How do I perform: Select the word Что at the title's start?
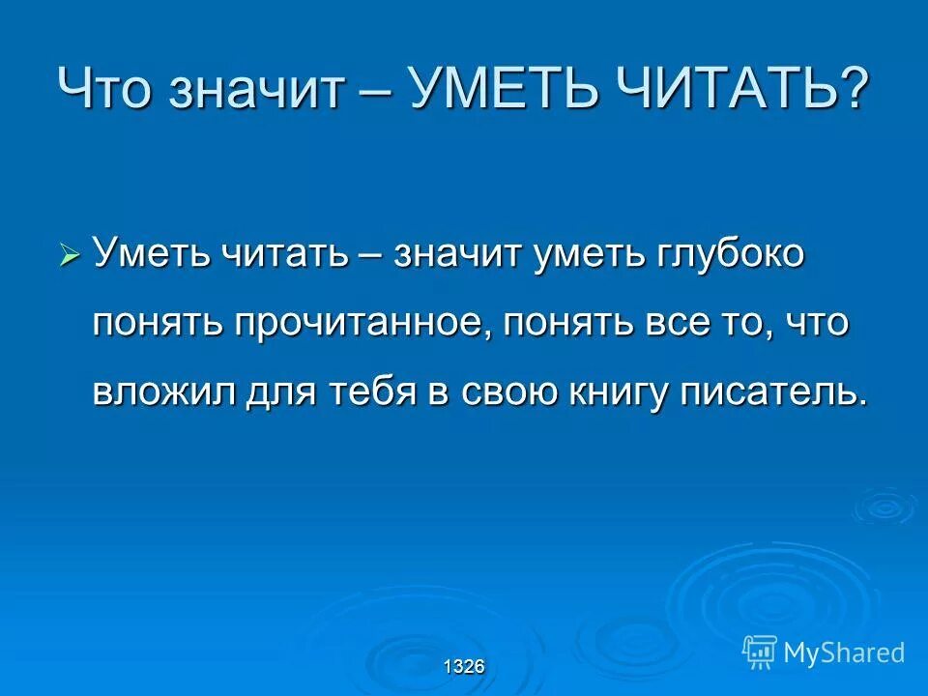(105, 90)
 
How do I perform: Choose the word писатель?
(759, 391)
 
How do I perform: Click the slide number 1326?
(464, 666)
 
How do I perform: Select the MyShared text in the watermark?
(844, 652)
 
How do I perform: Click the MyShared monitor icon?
(760, 652)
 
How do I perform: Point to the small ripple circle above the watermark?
(884, 505)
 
